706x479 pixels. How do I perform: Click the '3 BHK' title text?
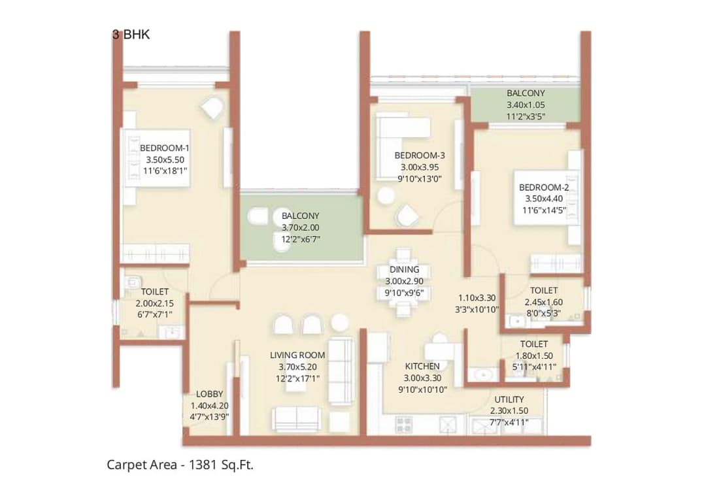coord(131,35)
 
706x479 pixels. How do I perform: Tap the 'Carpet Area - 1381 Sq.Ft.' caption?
coord(180,465)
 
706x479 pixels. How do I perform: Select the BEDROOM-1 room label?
coord(164,148)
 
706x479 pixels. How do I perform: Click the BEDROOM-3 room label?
coord(419,156)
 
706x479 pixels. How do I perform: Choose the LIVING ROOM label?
coord(297,355)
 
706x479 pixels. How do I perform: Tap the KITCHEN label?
coord(422,366)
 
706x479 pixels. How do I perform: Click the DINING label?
coord(404,269)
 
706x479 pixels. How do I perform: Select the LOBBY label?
coord(209,394)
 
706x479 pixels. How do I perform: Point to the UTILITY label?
coord(509,399)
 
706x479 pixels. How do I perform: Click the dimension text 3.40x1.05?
coord(525,105)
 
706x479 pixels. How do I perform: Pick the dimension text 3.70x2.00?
coord(300,227)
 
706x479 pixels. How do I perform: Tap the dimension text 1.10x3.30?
coord(479,297)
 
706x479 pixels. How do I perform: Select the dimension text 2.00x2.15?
coord(155,304)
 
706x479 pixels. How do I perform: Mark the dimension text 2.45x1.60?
coord(543,302)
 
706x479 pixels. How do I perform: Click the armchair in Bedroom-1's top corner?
coord(212,108)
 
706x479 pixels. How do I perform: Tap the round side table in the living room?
coord(339,322)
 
